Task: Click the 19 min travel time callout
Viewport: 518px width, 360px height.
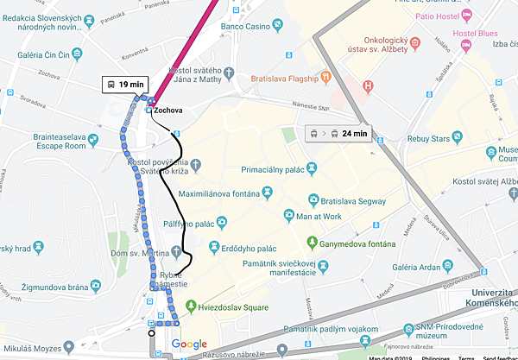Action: (126, 85)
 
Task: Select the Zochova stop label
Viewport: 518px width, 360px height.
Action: (169, 111)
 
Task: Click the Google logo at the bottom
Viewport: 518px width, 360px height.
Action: (189, 344)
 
